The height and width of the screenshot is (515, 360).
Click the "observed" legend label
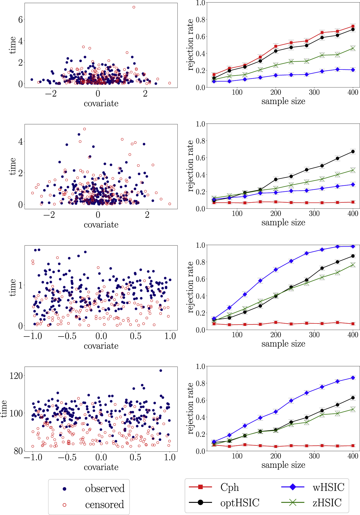pos(105,489)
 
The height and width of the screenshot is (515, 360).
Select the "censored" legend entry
pos(105,505)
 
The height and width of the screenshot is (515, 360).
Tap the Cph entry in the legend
pos(229,487)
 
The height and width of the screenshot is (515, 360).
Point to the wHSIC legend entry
pos(328,487)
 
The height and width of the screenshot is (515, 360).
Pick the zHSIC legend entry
pos(327,503)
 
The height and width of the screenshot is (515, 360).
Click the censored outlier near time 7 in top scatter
pos(134,7)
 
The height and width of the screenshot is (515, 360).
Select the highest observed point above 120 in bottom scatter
pos(161,371)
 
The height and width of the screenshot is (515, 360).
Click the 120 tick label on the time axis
pos(16,375)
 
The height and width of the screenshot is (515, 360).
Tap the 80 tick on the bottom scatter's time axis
pos(18,451)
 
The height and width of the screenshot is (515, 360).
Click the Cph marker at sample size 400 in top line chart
pos(353,26)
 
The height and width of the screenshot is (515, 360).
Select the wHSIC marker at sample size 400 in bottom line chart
pos(353,378)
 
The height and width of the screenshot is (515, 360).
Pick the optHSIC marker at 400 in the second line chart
pos(353,152)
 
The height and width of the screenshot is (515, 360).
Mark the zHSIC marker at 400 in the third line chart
pos(353,265)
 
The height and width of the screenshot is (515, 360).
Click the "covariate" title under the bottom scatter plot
pos(101,467)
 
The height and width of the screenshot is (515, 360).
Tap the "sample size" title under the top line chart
pos(283,101)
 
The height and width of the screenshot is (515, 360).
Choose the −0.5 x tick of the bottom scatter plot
pos(67,457)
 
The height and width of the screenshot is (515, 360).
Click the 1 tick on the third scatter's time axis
pos(20,285)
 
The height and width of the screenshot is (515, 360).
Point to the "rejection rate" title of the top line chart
pos(190,45)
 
